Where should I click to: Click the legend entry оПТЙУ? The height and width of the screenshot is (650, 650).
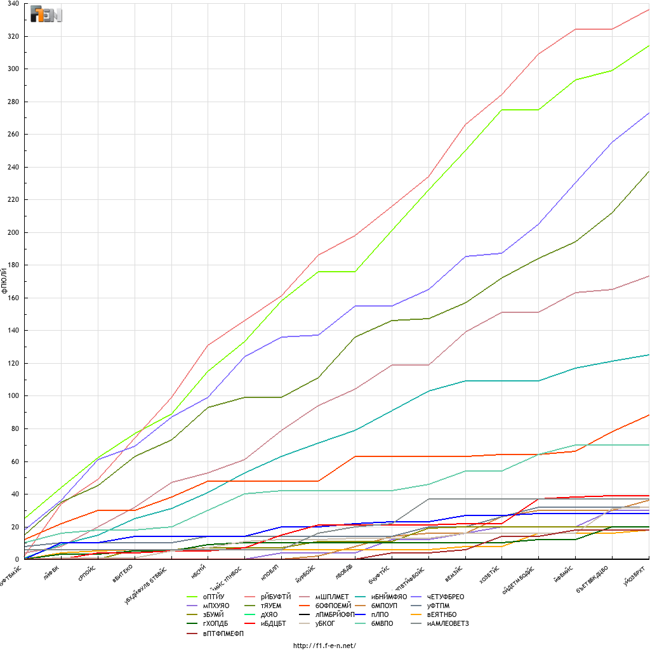(x=213, y=597)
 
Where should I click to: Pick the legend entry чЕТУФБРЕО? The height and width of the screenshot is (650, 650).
(x=446, y=597)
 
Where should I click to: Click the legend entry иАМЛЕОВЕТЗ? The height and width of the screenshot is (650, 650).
(x=448, y=623)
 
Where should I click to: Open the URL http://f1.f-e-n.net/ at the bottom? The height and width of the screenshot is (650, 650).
(x=324, y=646)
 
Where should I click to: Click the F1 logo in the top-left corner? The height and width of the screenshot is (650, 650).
(x=46, y=15)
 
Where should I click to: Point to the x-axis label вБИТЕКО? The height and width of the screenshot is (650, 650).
(x=123, y=574)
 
